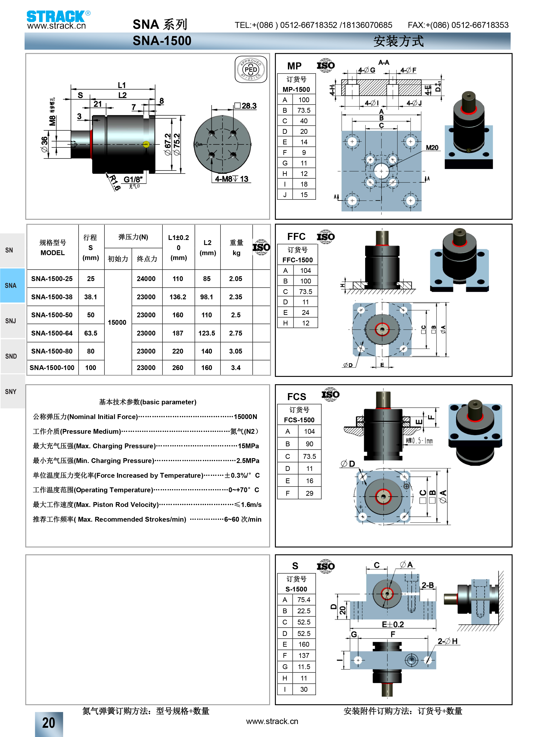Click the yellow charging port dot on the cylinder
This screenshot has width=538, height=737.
[x=146, y=144]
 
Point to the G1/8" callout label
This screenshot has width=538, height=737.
[x=133, y=179]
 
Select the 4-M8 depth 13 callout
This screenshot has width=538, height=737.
[x=231, y=179]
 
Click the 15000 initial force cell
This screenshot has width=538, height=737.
[x=117, y=322]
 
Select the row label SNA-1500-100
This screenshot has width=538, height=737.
[x=52, y=368]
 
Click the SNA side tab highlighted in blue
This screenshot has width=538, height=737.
[x=11, y=285]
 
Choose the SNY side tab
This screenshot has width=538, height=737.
[x=11, y=391]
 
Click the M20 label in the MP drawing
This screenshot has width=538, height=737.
[x=432, y=148]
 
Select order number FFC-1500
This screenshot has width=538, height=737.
[x=297, y=260]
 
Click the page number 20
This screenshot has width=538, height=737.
[x=49, y=723]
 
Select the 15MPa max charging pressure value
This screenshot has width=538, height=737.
[x=248, y=446]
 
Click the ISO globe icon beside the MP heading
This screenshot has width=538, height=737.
[x=326, y=65]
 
